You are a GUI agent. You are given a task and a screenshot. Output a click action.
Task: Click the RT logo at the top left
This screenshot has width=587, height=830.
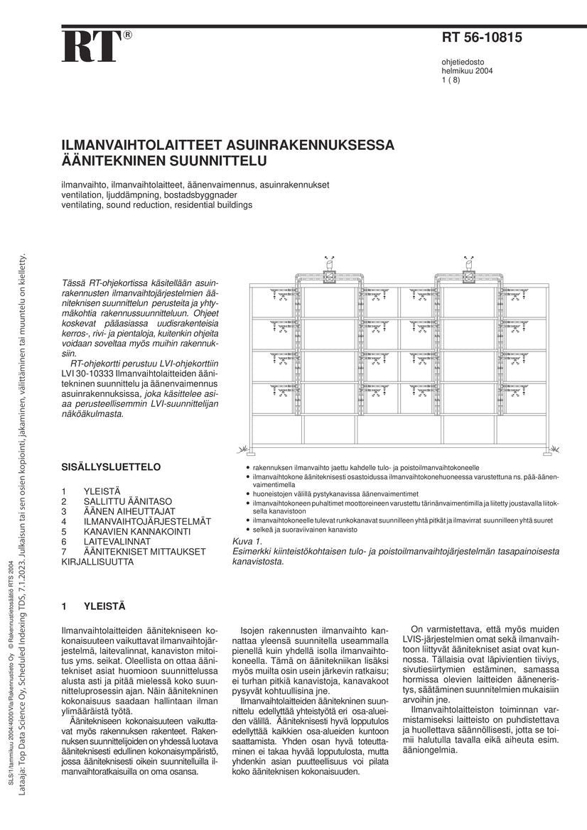tap(91, 48)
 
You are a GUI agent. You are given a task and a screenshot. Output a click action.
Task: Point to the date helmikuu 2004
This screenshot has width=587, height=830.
tap(468, 71)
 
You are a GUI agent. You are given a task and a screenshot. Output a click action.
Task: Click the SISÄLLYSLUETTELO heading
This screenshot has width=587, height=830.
tap(112, 467)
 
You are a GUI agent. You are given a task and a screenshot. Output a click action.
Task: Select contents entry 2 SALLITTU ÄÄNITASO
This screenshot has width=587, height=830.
tap(128, 501)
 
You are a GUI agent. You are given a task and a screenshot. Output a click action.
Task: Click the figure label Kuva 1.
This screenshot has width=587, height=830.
tap(248, 542)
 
